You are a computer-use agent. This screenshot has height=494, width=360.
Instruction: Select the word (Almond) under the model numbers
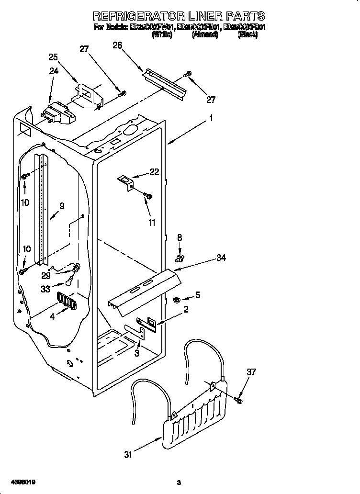click(205, 35)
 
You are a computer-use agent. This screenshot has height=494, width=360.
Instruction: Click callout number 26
click(118, 45)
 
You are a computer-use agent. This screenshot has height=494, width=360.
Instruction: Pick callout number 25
click(54, 57)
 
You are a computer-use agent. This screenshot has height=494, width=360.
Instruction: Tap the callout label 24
click(54, 71)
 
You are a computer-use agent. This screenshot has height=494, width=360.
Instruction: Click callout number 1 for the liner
click(211, 118)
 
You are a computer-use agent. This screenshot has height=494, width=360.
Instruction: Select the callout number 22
click(154, 172)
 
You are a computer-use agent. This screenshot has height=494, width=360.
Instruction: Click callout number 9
click(61, 206)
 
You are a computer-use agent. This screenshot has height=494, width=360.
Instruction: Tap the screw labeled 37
click(239, 398)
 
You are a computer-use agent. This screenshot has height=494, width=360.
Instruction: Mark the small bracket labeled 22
click(127, 182)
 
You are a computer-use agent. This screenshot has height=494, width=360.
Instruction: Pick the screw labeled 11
click(147, 195)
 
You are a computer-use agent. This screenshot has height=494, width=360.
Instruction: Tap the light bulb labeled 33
click(69, 282)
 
